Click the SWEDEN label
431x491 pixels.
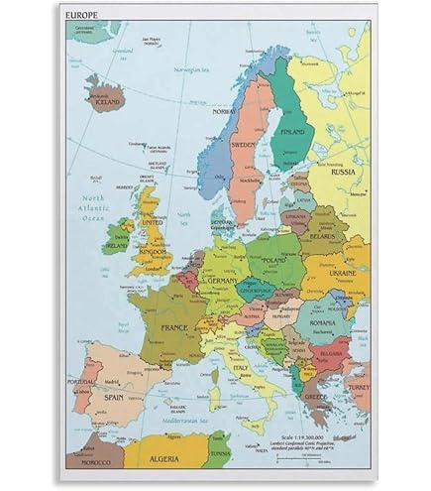pyautogui.click(x=244, y=144)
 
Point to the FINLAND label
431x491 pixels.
pyautogui.click(x=293, y=131)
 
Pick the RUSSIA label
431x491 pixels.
pyautogui.click(x=343, y=171)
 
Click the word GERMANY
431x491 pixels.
pyautogui.click(x=220, y=282)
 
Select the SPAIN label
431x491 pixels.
pyautogui.click(x=114, y=397)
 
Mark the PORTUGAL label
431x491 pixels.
pyautogui.click(x=81, y=381)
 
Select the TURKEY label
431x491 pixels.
pyautogui.click(x=357, y=391)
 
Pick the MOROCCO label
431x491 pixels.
pyautogui.click(x=95, y=462)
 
